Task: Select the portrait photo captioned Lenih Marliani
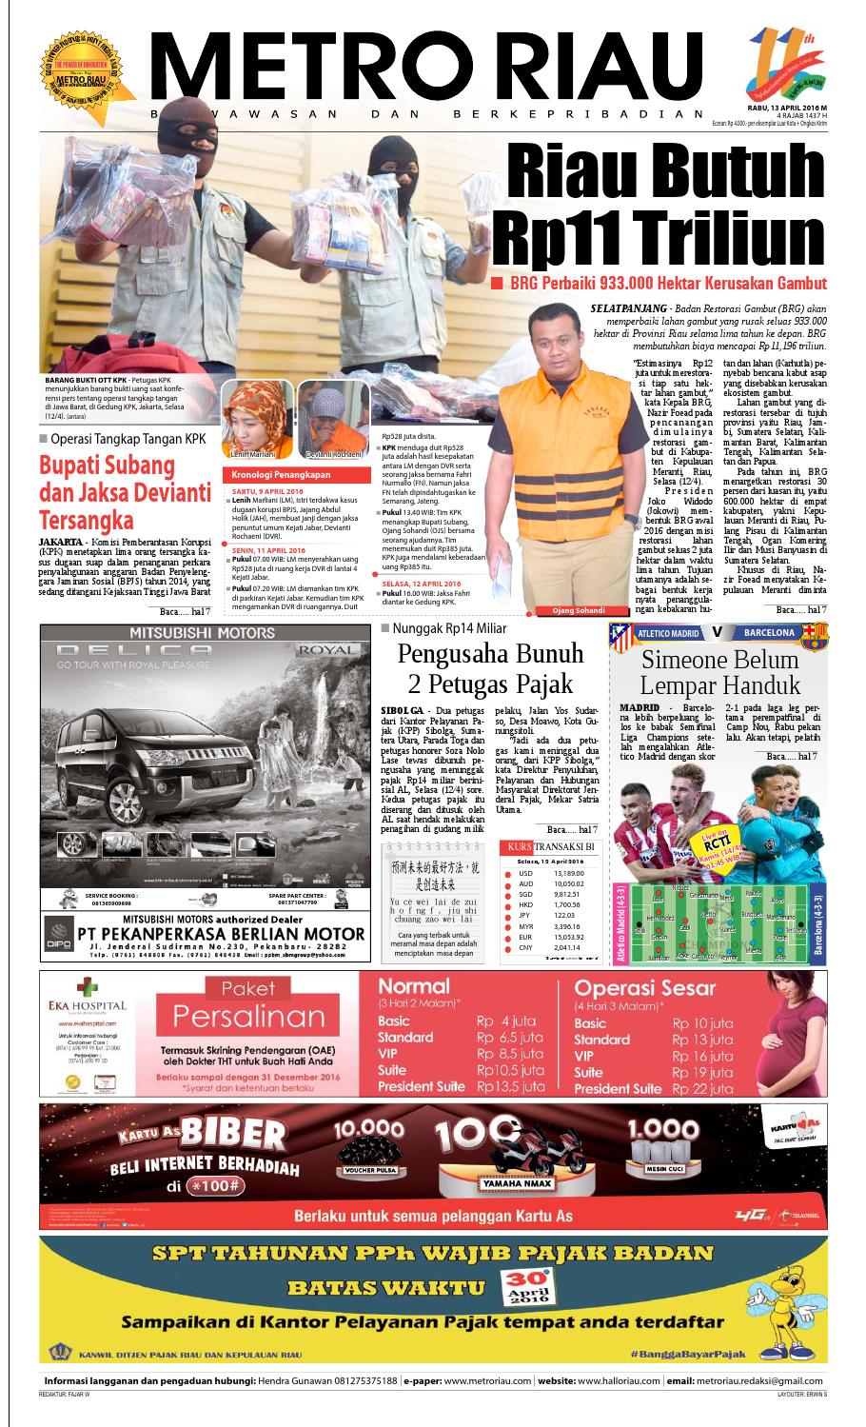coord(246,418)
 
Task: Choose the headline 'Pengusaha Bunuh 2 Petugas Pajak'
coord(489,668)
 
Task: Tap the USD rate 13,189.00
coord(568,873)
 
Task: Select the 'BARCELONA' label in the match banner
coord(770,632)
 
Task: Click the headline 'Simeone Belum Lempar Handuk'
coord(719,672)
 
